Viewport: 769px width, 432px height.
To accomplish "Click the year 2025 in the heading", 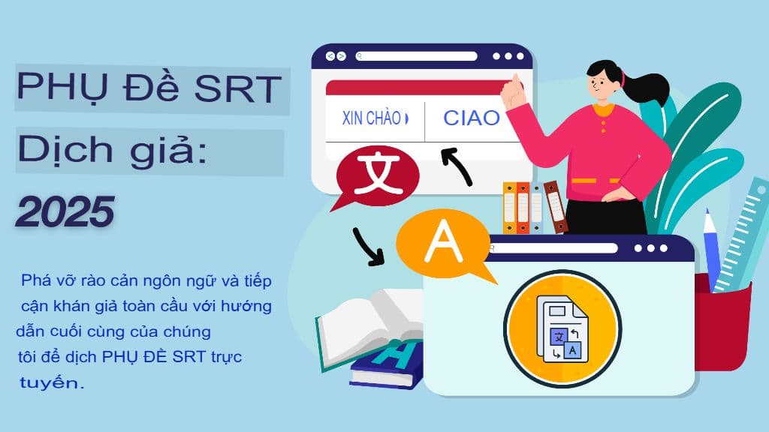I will [x=65, y=211].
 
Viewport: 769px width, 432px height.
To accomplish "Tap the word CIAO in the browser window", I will [x=471, y=118].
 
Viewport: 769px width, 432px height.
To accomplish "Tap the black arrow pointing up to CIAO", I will [x=457, y=166].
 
